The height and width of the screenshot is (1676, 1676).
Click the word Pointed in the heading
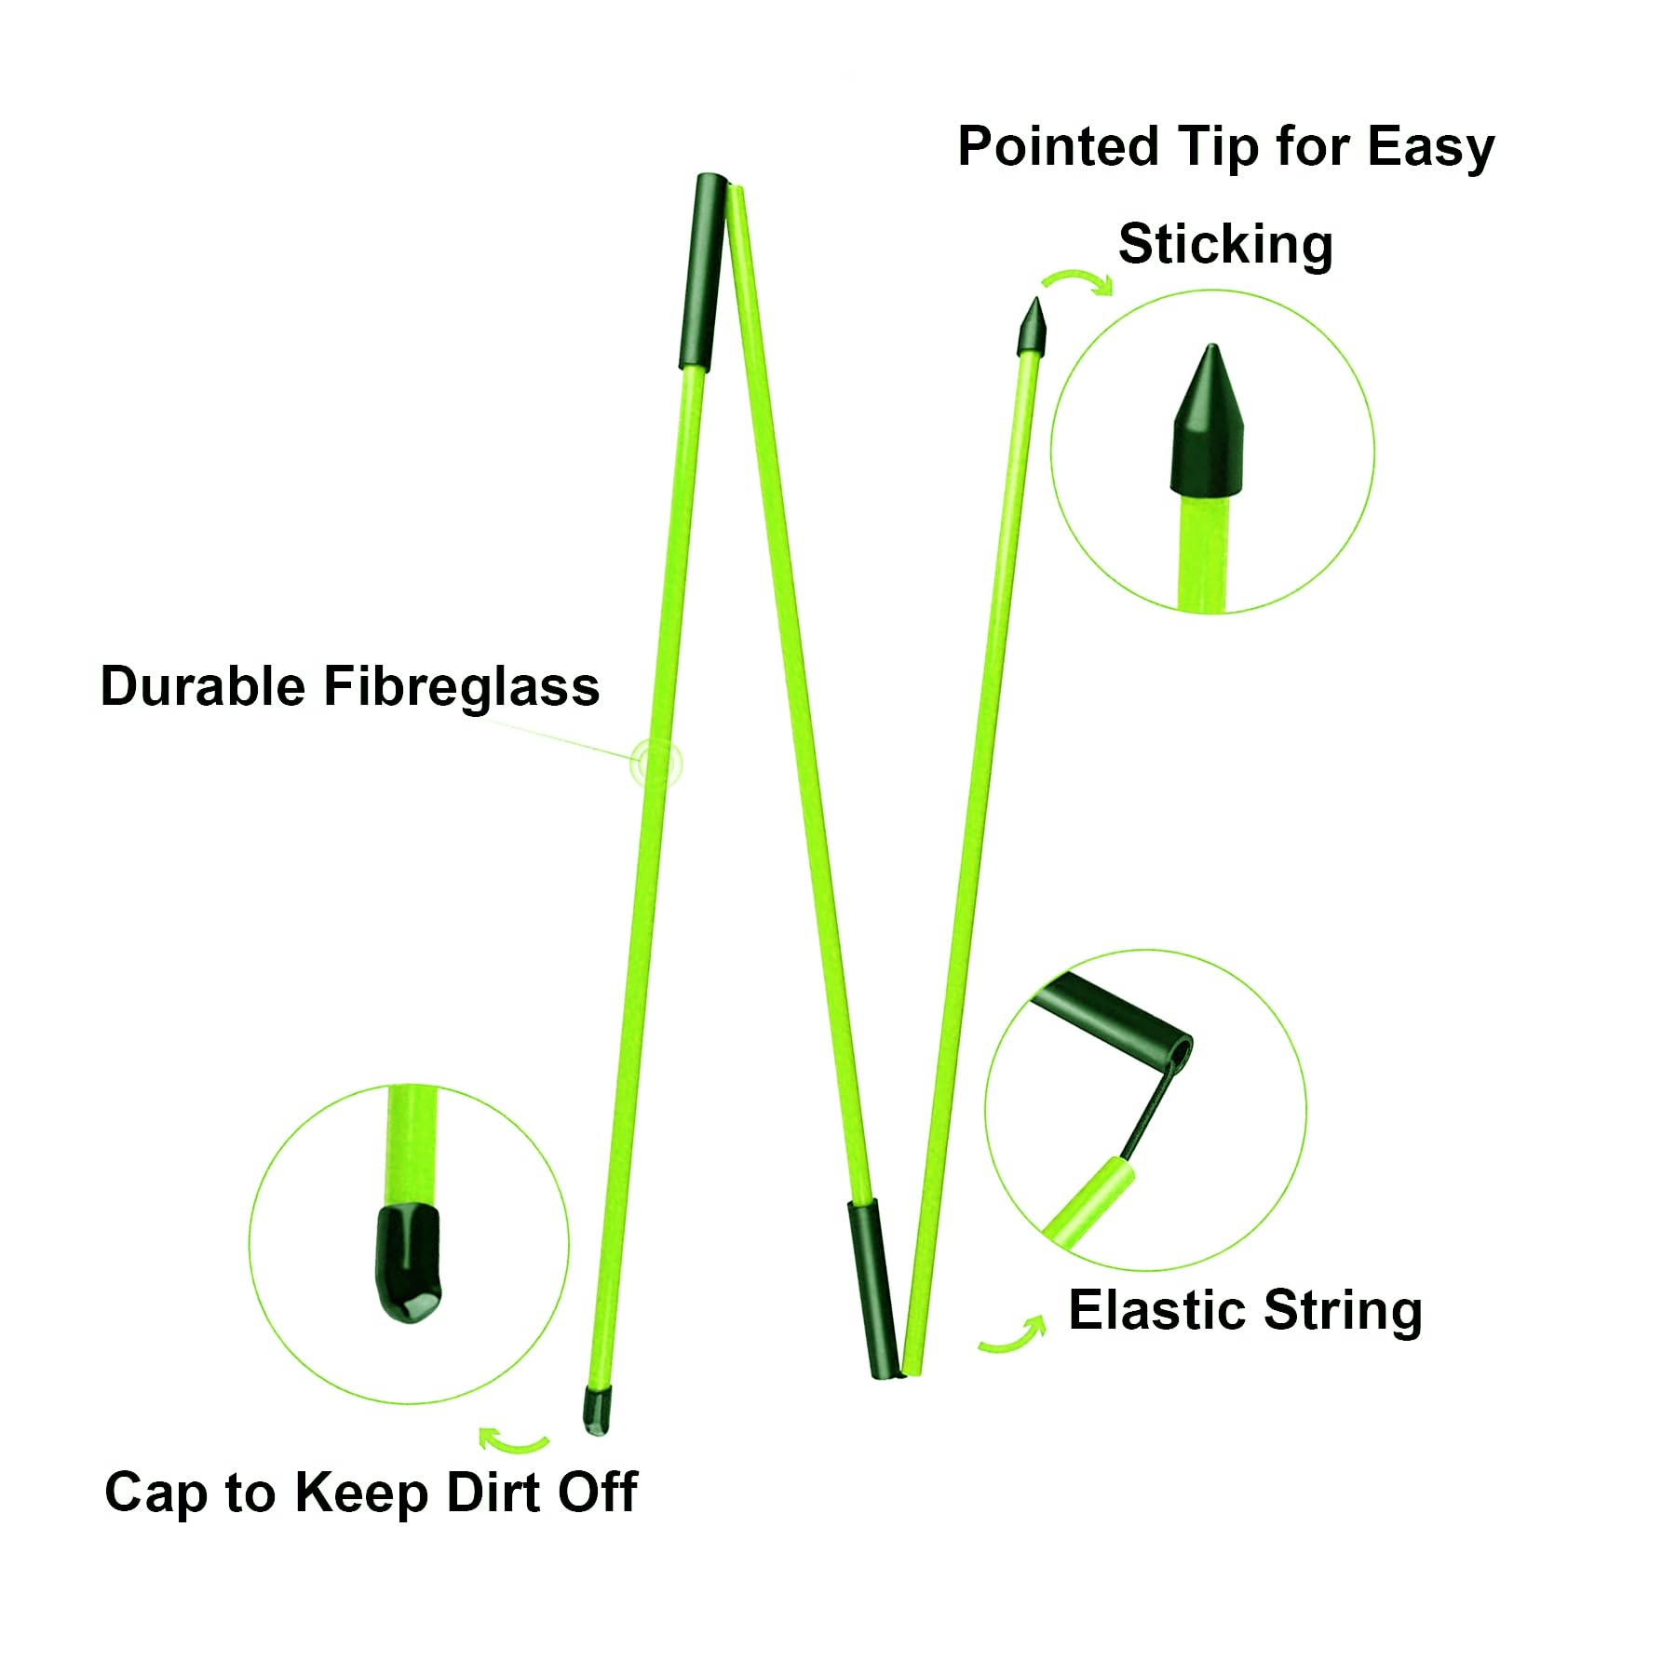point(1060,148)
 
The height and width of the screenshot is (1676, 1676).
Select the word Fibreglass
point(462,687)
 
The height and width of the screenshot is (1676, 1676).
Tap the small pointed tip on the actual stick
point(1033,327)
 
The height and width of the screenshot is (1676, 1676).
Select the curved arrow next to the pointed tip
point(1078,278)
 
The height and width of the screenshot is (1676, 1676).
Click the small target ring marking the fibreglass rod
point(656,764)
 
